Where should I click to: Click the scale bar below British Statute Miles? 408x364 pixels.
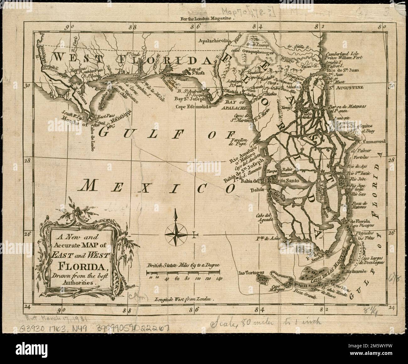pos(183,272)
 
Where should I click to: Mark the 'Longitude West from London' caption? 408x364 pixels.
pos(184,300)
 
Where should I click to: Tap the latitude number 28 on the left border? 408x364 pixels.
pos(28,160)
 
